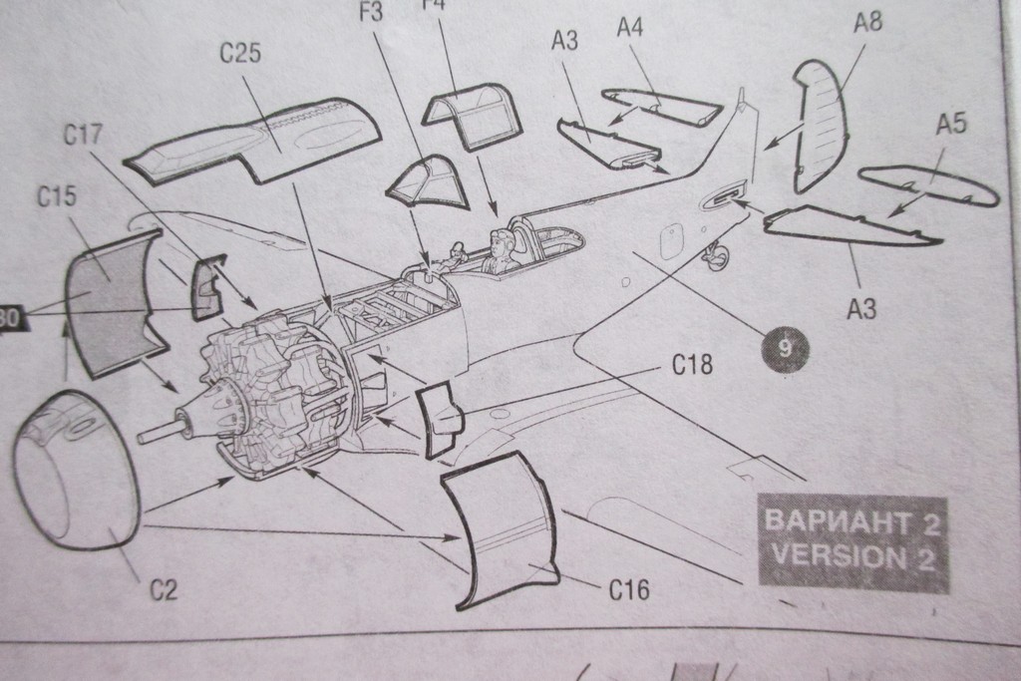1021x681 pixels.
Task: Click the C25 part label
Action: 239,53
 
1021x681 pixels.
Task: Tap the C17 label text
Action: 85,136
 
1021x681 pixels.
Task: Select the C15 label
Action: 57,196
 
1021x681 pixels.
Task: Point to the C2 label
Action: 164,590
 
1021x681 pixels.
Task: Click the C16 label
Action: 629,590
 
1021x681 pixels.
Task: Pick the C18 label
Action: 692,366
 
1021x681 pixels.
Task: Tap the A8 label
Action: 867,22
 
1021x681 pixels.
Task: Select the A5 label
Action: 951,124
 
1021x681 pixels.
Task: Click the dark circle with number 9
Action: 784,348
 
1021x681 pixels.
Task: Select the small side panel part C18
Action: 439,420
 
